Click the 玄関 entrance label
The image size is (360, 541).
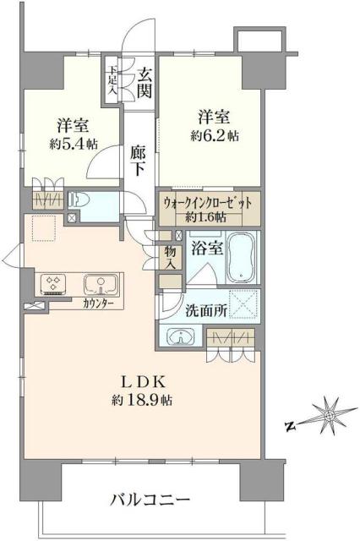pos(145,81)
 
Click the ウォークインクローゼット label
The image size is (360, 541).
pos(208,203)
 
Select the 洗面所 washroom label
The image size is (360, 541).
pos(207,310)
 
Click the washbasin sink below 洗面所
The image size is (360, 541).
pos(180,337)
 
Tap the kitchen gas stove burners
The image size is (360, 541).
pos(54,281)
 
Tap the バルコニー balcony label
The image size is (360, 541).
pos(150,500)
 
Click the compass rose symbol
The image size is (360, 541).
pos(326,417)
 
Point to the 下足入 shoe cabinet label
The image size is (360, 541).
pos(112,75)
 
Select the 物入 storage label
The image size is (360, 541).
pos(170,258)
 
